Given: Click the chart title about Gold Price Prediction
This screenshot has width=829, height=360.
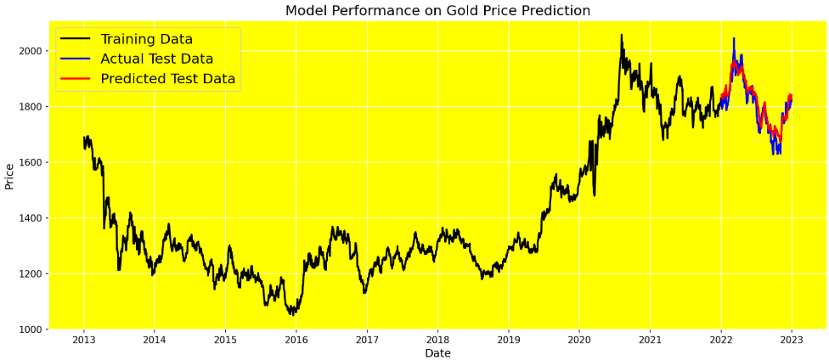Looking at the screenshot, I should pos(437,11).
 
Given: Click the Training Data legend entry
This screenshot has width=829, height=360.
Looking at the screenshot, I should pos(146,40).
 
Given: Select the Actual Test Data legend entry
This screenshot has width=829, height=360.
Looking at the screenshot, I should pos(156,59).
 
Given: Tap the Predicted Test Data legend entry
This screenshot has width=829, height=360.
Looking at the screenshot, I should pos(167,79).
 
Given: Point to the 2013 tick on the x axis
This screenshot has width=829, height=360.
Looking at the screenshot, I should pos(83,340).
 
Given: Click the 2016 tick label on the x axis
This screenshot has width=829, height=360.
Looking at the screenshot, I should pos(296,340).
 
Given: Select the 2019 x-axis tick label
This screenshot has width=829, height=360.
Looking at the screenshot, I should pos(508,340).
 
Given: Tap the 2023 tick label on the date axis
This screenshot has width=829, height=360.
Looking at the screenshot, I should pos(792,340).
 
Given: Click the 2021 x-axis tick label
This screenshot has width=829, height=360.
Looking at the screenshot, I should pos(650,340).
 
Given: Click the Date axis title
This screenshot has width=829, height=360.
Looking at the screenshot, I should pos(437,353).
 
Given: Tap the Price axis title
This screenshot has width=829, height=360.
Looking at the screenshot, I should pos(9,176).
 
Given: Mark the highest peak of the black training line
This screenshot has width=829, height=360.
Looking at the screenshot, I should pos(621,36).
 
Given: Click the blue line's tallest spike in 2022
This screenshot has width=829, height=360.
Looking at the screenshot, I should pos(734,38).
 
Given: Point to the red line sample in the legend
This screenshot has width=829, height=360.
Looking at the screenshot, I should pos(76,79).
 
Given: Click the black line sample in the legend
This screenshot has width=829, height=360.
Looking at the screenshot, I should pos(76,40).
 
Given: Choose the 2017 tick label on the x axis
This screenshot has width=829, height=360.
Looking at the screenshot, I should pos(367,340).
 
